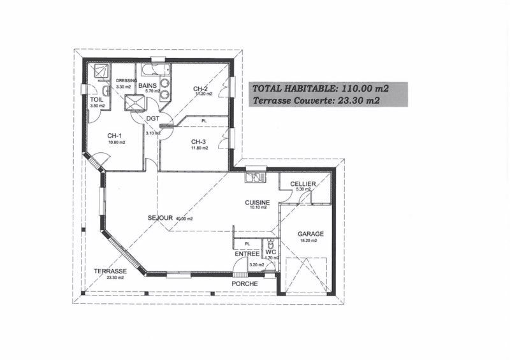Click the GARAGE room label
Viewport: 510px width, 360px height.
pyautogui.click(x=310, y=234)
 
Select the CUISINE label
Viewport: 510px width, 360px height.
pyautogui.click(x=258, y=203)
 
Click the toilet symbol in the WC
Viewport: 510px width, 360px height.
pyautogui.click(x=270, y=245)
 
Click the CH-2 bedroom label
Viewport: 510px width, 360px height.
pyautogui.click(x=201, y=89)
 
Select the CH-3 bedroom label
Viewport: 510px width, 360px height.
pyautogui.click(x=199, y=142)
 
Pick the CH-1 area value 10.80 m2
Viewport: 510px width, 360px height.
pyautogui.click(x=117, y=143)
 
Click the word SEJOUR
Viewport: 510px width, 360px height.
pyautogui.click(x=160, y=218)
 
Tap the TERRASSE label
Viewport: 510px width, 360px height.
pyautogui.click(x=110, y=271)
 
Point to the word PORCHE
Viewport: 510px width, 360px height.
pyautogui.click(x=244, y=284)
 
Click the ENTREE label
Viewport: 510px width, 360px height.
pyautogui.click(x=247, y=254)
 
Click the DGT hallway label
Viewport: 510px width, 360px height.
pyautogui.click(x=152, y=119)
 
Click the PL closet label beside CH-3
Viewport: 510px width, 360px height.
pyautogui.click(x=204, y=120)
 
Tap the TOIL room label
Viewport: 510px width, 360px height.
pyautogui.click(x=96, y=100)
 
